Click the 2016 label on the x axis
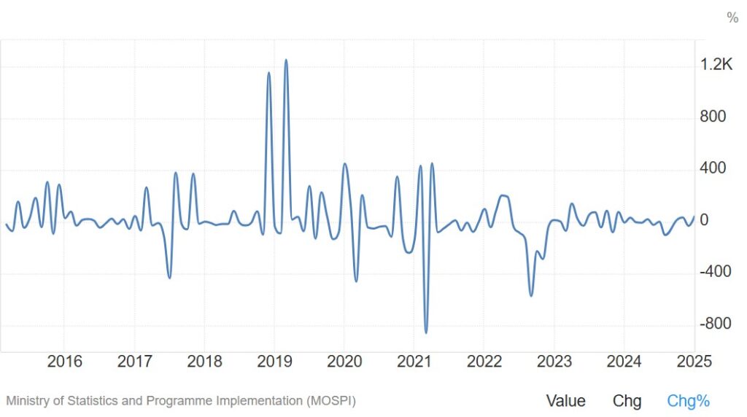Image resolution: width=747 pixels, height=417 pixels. (64, 361)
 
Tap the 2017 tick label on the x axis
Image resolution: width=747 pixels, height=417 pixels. (134, 361)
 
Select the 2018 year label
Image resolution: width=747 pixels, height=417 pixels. (204, 361)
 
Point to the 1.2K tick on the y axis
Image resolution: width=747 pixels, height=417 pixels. (716, 65)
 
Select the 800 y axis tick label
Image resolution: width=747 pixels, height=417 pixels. (713, 117)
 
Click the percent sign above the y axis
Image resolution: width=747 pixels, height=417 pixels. (732, 18)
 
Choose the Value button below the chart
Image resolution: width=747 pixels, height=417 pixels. (565, 400)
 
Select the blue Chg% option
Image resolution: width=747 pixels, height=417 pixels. (688, 400)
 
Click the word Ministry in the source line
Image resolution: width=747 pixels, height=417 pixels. (28, 400)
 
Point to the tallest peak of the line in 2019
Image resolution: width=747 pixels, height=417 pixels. (286, 60)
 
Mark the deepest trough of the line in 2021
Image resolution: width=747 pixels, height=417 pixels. (426, 332)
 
